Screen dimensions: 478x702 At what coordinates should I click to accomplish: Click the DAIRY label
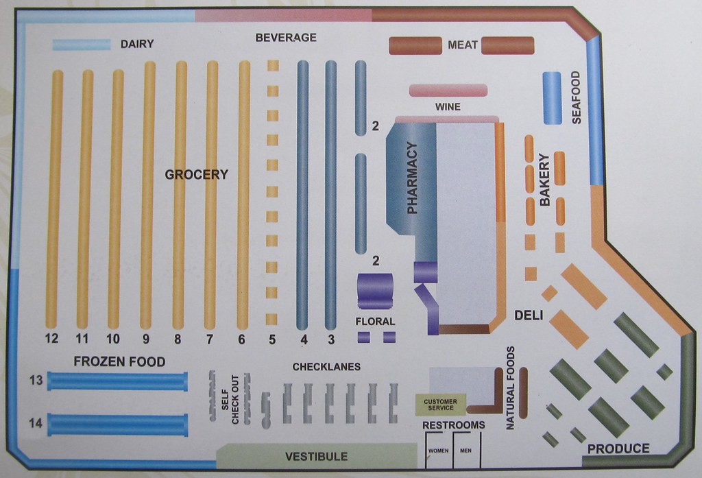pyautogui.click(x=137, y=45)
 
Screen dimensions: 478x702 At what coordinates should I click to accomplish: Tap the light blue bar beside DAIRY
pyautogui.click(x=82, y=45)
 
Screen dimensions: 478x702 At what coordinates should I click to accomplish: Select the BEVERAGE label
pyautogui.click(x=286, y=38)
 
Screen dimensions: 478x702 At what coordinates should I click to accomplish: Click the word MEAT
pyautogui.click(x=462, y=45)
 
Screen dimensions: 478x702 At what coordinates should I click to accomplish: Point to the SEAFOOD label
pyautogui.click(x=576, y=97)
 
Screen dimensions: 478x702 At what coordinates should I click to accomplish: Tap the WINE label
pyautogui.click(x=448, y=107)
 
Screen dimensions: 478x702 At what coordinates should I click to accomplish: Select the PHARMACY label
pyautogui.click(x=412, y=178)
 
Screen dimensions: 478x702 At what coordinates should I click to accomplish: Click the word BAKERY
pyautogui.click(x=545, y=180)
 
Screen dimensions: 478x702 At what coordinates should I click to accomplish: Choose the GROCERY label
pyautogui.click(x=196, y=175)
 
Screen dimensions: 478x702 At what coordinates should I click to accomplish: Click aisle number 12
pyautogui.click(x=52, y=338)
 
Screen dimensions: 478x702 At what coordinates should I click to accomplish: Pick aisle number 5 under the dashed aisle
pyautogui.click(x=271, y=338)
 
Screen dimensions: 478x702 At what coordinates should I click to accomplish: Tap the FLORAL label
pyautogui.click(x=375, y=321)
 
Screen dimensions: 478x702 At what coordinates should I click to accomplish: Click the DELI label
pyautogui.click(x=529, y=315)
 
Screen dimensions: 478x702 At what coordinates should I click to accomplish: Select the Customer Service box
pyautogui.click(x=439, y=405)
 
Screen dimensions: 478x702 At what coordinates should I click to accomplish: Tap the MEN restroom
pyautogui.click(x=466, y=451)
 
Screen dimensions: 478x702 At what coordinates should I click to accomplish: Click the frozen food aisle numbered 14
pyautogui.click(x=117, y=425)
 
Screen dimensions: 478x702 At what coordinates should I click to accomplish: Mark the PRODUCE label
pyautogui.click(x=618, y=449)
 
